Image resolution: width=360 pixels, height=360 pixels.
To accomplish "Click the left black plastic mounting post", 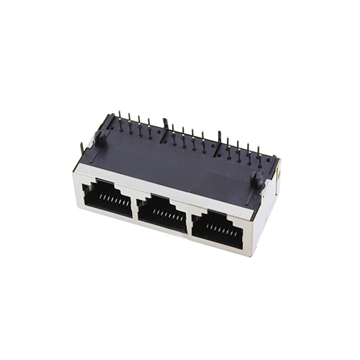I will [x=102, y=139].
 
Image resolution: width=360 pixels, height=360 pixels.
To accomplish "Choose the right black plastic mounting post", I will [x=256, y=180].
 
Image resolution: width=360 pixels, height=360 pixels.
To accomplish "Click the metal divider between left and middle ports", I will [x=134, y=204].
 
